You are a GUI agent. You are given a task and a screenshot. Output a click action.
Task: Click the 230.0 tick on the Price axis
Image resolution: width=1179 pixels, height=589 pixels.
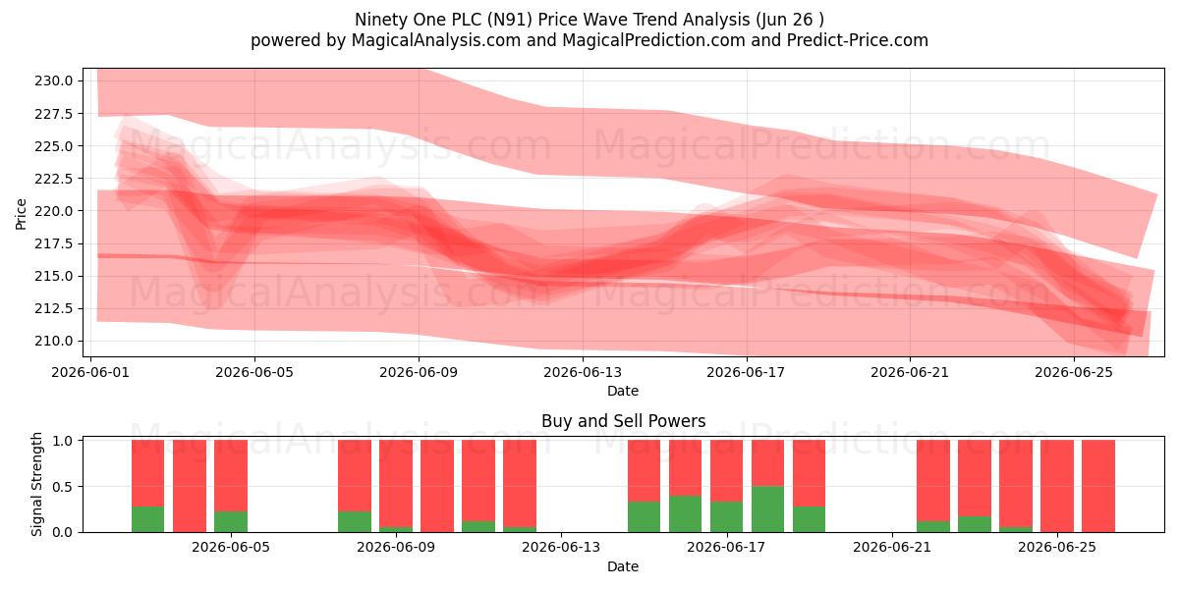(x=54, y=80)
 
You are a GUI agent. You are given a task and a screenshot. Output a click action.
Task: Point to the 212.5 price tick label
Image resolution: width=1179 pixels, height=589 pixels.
(x=54, y=308)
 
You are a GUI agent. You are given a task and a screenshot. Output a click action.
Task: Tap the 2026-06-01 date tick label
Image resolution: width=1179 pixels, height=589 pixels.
(x=90, y=372)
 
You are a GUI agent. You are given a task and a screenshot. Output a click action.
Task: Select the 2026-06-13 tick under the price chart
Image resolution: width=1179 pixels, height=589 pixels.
(x=583, y=372)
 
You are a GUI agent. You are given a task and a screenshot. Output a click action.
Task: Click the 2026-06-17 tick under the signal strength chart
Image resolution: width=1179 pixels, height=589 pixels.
(x=726, y=547)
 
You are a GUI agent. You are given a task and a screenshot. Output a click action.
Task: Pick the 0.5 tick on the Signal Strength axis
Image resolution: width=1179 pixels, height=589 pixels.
(x=63, y=487)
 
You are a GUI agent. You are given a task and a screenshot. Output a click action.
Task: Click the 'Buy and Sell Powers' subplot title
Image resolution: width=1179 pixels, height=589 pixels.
(x=623, y=421)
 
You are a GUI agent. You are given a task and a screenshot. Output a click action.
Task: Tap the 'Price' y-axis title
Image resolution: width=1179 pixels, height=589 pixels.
(x=21, y=214)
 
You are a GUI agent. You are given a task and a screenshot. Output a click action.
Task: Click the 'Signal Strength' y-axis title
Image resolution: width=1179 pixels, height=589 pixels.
(x=36, y=484)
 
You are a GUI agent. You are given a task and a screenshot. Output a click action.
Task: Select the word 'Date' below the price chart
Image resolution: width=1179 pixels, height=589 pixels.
(x=623, y=391)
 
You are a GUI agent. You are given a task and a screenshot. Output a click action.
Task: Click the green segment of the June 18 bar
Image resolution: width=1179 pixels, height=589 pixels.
(x=767, y=509)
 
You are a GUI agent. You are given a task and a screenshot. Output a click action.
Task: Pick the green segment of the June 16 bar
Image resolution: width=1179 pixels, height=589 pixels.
(x=686, y=513)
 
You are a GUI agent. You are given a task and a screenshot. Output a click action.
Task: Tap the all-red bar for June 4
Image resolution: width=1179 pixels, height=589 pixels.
(x=190, y=486)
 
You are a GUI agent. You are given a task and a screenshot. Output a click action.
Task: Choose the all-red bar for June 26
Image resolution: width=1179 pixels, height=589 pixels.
(x=1098, y=486)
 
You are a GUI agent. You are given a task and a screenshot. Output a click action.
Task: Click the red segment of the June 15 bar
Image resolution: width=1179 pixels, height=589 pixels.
(x=644, y=470)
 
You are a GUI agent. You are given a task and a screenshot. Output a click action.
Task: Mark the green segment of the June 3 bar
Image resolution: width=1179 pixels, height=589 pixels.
(x=148, y=519)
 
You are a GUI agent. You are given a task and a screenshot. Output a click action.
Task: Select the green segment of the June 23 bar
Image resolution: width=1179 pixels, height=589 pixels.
(x=975, y=524)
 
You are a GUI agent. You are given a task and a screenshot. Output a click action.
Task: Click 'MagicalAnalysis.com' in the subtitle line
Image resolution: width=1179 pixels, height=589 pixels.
(x=436, y=40)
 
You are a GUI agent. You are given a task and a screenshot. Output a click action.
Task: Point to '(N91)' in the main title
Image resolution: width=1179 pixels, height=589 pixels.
(x=510, y=20)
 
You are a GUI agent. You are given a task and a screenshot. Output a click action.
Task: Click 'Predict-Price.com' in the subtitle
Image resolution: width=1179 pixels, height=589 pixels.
(x=858, y=40)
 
